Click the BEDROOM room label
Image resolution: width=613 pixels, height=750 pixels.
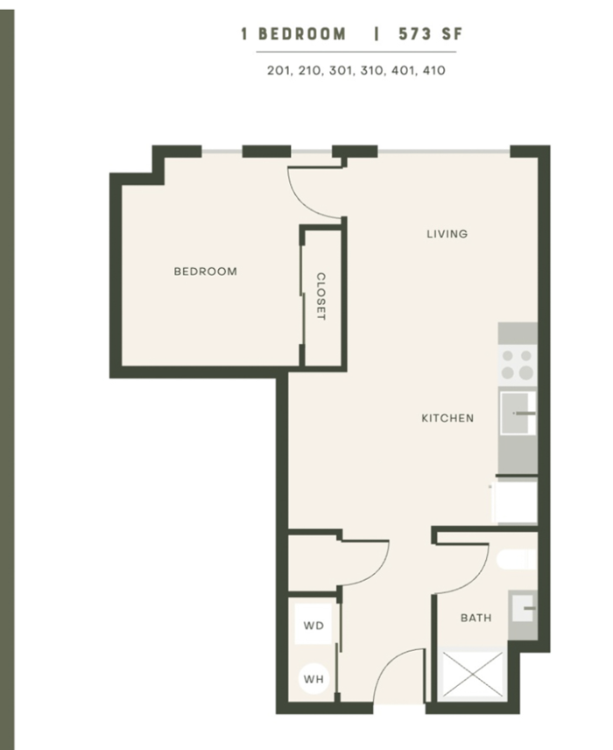[205, 272]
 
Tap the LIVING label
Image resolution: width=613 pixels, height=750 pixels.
[447, 234]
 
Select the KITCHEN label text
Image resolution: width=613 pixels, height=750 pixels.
[447, 418]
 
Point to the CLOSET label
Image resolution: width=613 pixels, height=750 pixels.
[321, 296]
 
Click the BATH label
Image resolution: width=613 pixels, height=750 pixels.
[476, 618]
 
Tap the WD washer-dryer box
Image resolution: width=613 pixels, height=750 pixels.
[314, 625]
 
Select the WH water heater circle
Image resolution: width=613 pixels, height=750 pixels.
[314, 679]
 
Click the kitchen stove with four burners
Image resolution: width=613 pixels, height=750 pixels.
[518, 365]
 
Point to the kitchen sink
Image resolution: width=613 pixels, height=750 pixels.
[518, 413]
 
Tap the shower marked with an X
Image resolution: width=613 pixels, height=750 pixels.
[472, 675]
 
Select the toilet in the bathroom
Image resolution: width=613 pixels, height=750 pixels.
[517, 560]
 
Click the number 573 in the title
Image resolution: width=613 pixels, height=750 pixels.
[415, 34]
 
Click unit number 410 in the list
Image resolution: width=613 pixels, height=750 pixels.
[433, 70]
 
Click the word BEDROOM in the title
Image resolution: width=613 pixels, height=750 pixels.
[302, 34]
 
